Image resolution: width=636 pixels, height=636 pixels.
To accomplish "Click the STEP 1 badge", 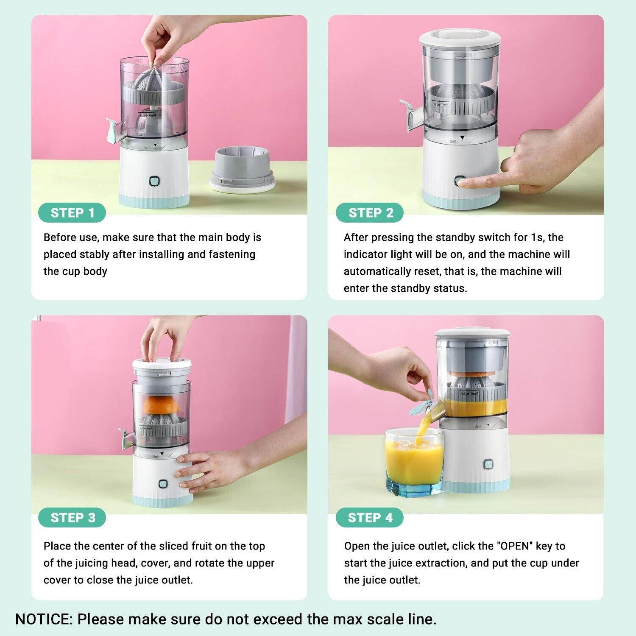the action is pos(72,213).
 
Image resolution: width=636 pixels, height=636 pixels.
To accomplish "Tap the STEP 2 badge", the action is pos(370,213).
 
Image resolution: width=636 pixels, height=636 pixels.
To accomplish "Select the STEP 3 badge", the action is pos(72,518).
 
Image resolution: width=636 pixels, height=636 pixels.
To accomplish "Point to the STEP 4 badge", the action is pos(370,518).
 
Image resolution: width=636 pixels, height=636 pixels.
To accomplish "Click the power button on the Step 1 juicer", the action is pos(154,181).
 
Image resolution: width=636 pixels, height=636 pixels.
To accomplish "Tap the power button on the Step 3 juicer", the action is pos(163,485).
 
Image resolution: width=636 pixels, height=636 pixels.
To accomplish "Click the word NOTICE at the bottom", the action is pos(44,619).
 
